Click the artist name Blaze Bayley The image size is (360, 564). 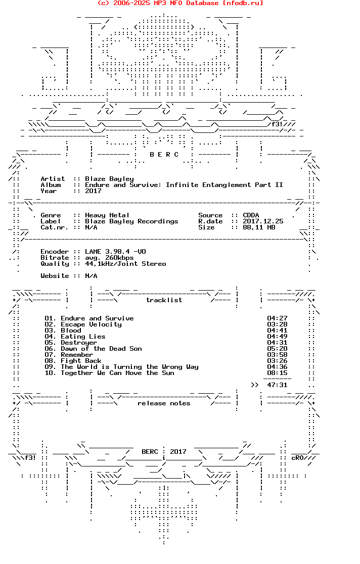tap(109, 179)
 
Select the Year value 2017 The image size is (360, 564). tap(93, 191)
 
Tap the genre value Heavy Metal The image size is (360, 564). tap(107, 215)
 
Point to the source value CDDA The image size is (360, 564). tap(251, 215)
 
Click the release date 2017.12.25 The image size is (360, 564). tap(263, 221)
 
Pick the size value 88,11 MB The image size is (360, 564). tap(259, 227)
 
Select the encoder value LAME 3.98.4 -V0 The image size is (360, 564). tap(115, 252)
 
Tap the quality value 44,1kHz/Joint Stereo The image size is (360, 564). tap(125, 264)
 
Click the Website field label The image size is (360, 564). tap(55, 276)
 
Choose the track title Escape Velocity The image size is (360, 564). tap(91, 324)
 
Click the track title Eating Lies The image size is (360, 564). tap(83, 337)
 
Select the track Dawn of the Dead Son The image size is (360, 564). tap(101, 349)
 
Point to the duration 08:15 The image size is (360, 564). tap(277, 373)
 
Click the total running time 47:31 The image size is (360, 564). tap(277, 385)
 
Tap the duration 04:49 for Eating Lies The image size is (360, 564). tap(277, 337)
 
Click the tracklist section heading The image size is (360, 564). tap(164, 300)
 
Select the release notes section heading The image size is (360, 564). tap(164, 403)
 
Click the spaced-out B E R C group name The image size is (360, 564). tap(164, 155)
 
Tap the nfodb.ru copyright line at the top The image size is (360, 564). tap(180, 3)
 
